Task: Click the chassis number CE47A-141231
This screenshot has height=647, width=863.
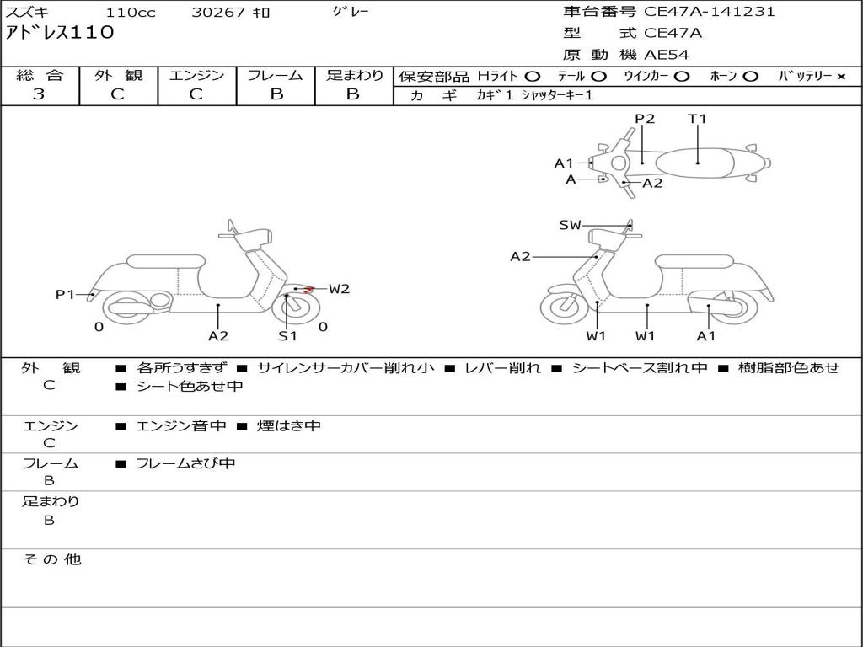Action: (709, 12)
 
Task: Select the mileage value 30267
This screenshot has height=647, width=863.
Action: (218, 13)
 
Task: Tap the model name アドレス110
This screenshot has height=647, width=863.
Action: (59, 33)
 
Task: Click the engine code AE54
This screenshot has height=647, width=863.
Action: (667, 55)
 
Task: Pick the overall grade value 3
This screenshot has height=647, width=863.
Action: (39, 94)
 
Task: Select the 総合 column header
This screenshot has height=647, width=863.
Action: (40, 75)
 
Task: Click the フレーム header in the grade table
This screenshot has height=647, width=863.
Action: (276, 75)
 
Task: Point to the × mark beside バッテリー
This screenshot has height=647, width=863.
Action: (840, 77)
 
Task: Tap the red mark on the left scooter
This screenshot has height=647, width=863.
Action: (309, 290)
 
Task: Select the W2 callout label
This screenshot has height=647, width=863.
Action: (339, 289)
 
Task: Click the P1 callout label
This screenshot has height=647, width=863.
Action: (65, 294)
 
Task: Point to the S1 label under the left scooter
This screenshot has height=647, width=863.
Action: (288, 335)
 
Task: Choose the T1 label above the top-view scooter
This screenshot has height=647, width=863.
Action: (697, 119)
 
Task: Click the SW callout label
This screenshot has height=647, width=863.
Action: (570, 225)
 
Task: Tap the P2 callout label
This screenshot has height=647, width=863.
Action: (645, 119)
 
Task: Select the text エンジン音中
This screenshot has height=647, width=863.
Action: (181, 426)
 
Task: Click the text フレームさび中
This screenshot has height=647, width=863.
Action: (185, 463)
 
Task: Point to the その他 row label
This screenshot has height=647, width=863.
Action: (51, 559)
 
